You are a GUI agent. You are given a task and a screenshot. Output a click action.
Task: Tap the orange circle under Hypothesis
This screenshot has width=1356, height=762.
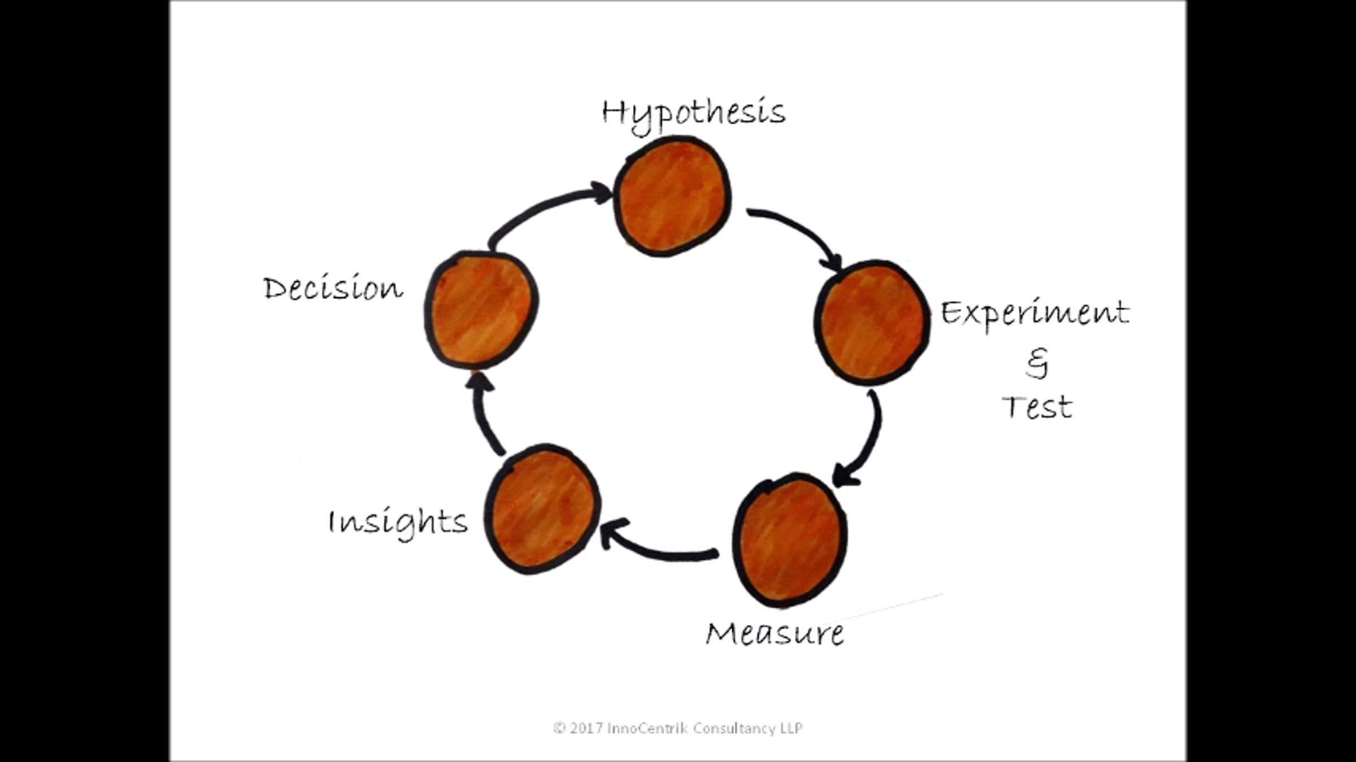pos(672,196)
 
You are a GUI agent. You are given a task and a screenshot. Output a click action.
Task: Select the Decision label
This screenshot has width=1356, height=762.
pos(333,288)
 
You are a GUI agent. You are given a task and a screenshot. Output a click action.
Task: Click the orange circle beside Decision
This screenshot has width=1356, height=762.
pos(481,309)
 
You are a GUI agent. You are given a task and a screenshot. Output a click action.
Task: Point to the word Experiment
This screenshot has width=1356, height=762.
pos(1035,313)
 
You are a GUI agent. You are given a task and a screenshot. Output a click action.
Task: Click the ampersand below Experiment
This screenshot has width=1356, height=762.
pos(1037,363)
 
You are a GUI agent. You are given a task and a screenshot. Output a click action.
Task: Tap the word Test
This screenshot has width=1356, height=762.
pos(1037,407)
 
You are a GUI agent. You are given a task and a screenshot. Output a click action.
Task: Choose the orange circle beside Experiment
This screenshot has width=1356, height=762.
pos(872,323)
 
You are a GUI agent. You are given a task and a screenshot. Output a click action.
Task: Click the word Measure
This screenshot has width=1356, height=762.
pos(775,634)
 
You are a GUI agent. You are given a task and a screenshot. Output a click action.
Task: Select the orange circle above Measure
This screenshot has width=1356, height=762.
pos(790,540)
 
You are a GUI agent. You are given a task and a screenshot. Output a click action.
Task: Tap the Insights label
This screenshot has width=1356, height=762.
pos(398,522)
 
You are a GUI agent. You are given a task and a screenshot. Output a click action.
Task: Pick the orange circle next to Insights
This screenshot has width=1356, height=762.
pos(542,509)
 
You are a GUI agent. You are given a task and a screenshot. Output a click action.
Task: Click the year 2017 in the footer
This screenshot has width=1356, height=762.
pos(586,728)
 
